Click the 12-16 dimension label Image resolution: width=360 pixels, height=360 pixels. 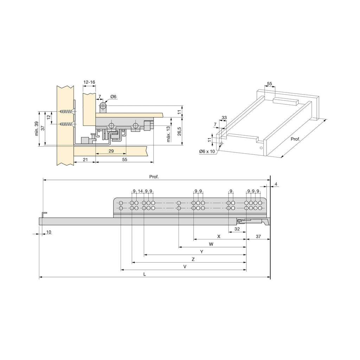tap(89, 82)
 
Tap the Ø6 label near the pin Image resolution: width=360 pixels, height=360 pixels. tap(114, 97)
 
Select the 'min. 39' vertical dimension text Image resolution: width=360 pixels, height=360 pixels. tap(37, 129)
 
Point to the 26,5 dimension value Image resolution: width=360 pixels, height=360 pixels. tap(180, 131)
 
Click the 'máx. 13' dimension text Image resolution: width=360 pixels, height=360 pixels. tap(168, 134)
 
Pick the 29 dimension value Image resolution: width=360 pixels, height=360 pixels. tap(111, 151)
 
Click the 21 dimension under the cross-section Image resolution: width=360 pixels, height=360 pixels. tap(85, 159)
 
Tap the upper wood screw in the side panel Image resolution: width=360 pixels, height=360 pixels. tap(67, 112)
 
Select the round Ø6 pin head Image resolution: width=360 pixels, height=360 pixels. tap(103, 106)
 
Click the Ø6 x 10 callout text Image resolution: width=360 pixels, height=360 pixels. tap(207, 152)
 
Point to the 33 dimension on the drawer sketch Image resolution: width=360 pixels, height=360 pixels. tap(224, 117)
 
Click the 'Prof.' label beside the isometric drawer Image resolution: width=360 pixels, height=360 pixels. tap(295, 139)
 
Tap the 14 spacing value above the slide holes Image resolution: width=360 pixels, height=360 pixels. tap(140, 191)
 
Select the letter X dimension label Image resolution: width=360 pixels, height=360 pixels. tap(219, 236)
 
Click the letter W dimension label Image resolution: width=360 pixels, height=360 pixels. tap(211, 244)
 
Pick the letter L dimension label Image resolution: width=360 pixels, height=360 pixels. tap(144, 274)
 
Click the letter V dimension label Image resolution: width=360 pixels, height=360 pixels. tap(185, 266)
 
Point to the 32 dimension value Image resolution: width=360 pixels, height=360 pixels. tap(237, 229)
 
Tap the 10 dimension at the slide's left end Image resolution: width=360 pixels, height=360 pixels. tap(49, 232)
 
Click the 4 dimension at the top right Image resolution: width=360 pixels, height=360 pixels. tap(276, 184)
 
